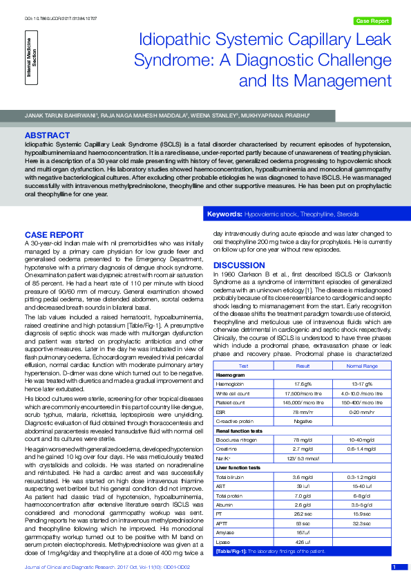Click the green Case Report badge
click(x=372, y=21)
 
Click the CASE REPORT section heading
click(x=54, y=235)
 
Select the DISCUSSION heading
click(x=238, y=265)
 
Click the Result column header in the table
click(x=303, y=366)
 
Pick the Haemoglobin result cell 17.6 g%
click(x=303, y=384)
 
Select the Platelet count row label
click(x=231, y=402)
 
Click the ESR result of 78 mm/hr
click(x=303, y=411)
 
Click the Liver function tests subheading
click(x=238, y=467)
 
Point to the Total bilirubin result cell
click(x=303, y=476)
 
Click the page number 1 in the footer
click(x=394, y=567)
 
